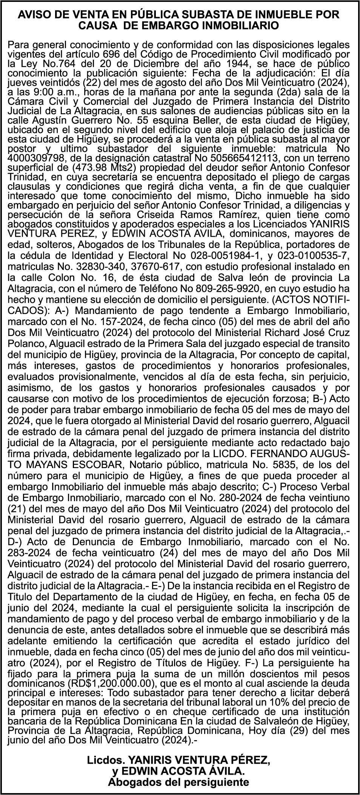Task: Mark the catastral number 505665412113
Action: (x=229, y=157)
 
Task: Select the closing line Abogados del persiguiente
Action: (x=178, y=781)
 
